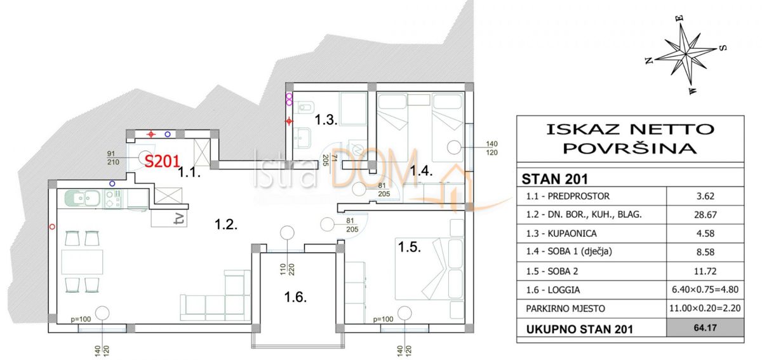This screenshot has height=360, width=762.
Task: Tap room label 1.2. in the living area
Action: [x=225, y=224]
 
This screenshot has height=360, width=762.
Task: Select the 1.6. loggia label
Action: [x=296, y=297]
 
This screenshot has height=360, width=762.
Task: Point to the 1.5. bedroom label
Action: [x=409, y=246]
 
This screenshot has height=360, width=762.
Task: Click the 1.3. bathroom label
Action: [x=326, y=119]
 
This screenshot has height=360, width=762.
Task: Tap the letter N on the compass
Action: [x=649, y=60]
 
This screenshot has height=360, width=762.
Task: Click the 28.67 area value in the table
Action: [x=705, y=215]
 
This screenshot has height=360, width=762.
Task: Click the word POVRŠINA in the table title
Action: [x=631, y=149]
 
